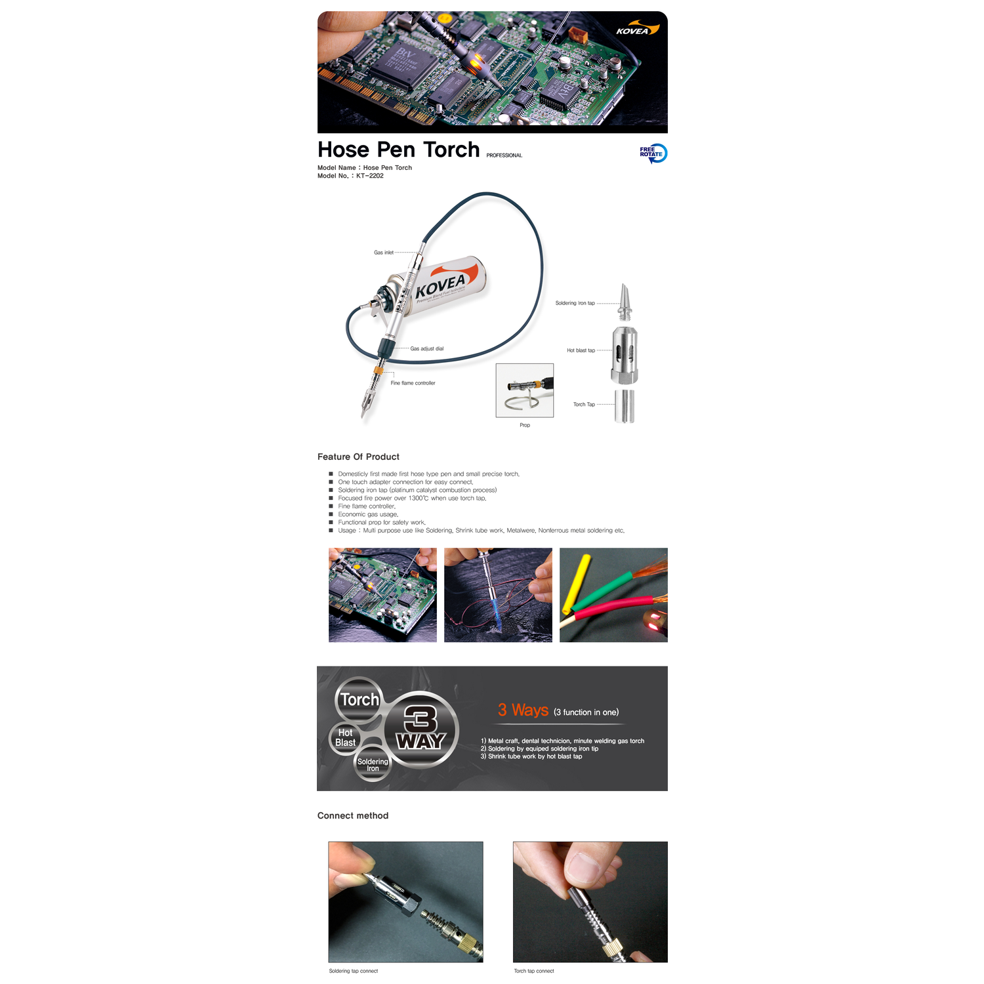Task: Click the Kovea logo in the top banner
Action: pos(637,30)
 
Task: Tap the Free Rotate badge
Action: pos(653,153)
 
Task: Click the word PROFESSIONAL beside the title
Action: pos(504,155)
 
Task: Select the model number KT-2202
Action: pos(370,176)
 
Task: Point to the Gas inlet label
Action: pos(384,253)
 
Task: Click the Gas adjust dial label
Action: pos(427,349)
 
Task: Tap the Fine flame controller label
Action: pos(413,383)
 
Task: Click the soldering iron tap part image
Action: pos(626,302)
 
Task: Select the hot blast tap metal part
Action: pos(625,355)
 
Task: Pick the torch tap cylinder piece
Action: pos(625,406)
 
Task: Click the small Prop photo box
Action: pos(525,390)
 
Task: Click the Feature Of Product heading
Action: pos(358,457)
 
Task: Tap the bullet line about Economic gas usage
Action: pos(368,514)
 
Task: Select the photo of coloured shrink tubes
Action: pos(613,595)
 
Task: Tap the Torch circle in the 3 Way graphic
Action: pos(359,700)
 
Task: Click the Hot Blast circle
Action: pos(345,738)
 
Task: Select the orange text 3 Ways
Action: pos(523,710)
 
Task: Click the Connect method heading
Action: pos(353,815)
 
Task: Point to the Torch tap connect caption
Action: pos(534,971)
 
